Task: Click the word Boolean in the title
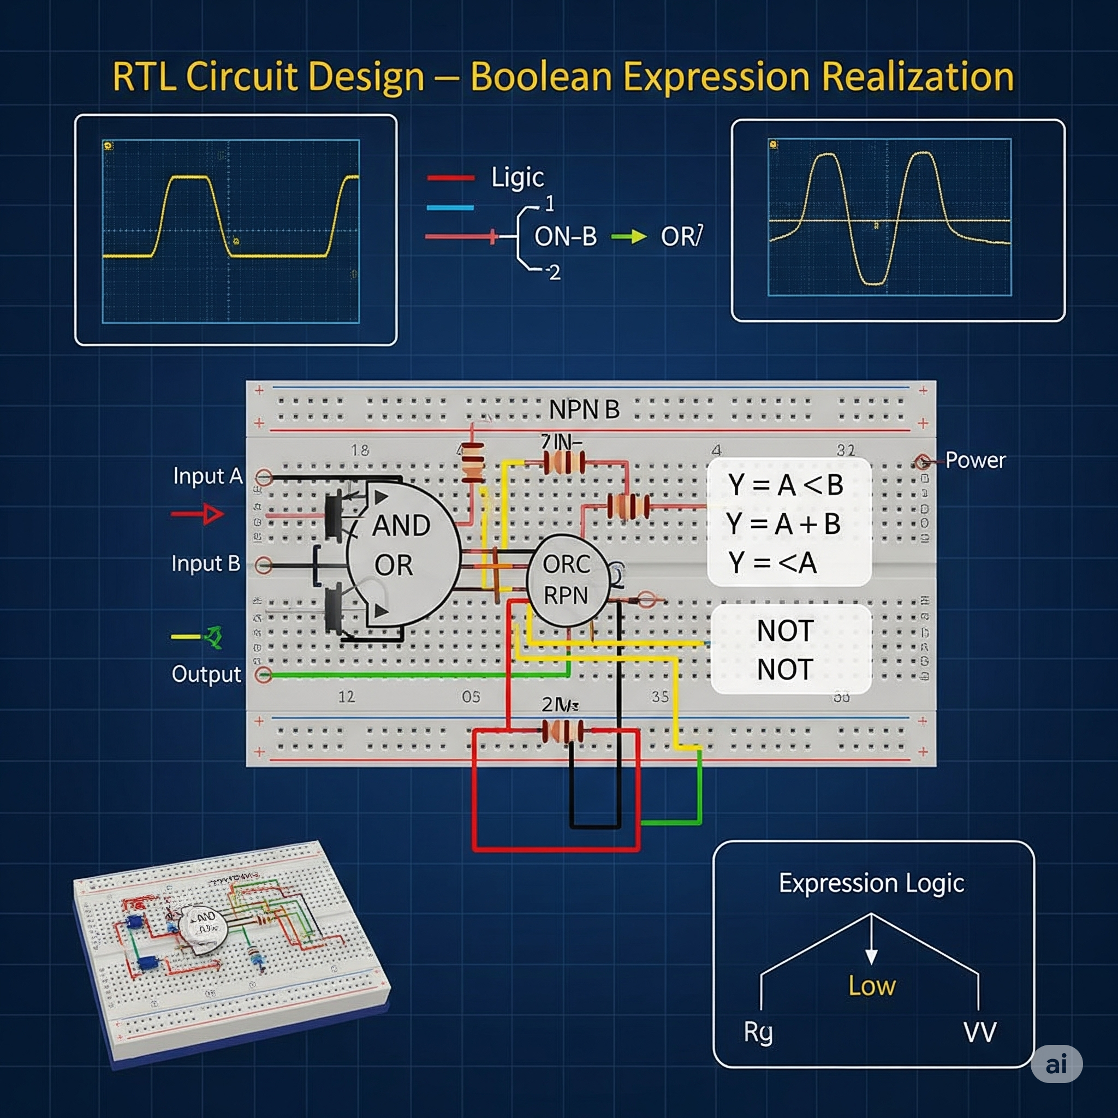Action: (540, 77)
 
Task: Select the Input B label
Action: (206, 563)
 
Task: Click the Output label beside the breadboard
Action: (206, 674)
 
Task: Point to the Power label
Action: (975, 461)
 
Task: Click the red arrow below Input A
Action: (198, 514)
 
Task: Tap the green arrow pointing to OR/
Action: (628, 236)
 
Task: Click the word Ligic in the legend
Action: (518, 177)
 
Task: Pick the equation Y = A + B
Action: (783, 524)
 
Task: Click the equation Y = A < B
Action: (785, 485)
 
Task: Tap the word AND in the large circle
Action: (401, 526)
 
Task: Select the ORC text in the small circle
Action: (566, 564)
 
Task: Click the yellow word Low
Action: (871, 986)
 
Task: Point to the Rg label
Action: (758, 1032)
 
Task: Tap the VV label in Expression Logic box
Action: (980, 1032)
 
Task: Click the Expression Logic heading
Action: (871, 884)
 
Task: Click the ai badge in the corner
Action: (1056, 1063)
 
